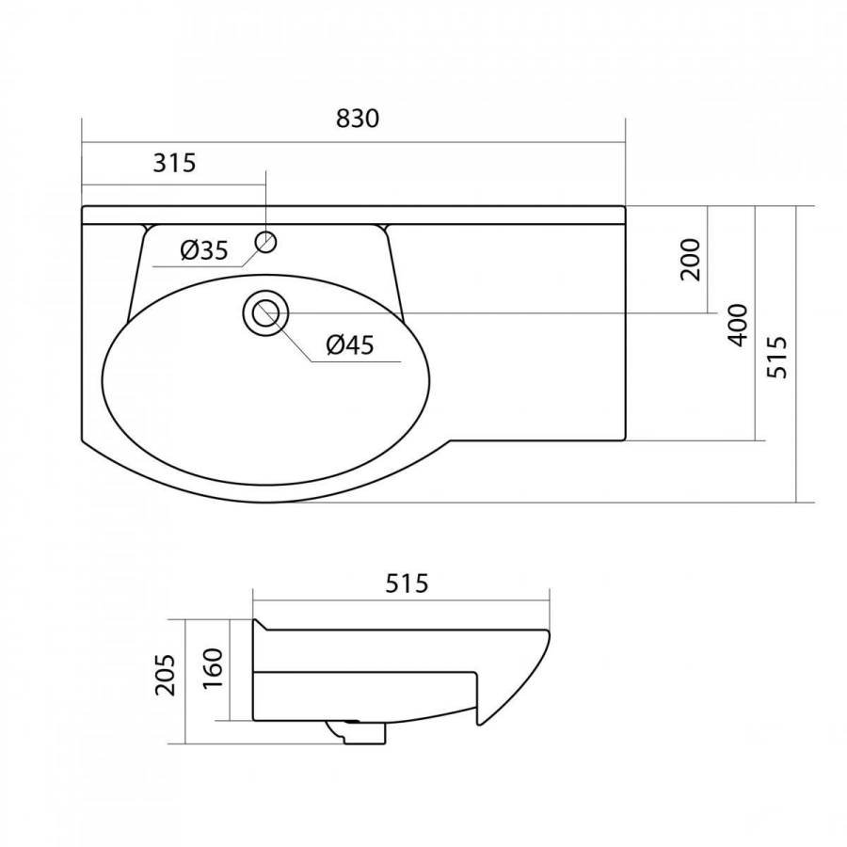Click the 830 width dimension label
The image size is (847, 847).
[358, 119]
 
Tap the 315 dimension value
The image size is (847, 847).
[174, 163]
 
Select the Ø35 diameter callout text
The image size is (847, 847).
[205, 250]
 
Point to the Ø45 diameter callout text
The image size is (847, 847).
[350, 344]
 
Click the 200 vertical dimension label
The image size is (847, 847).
[691, 260]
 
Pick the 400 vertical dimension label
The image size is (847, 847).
[738, 326]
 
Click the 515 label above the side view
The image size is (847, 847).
[407, 583]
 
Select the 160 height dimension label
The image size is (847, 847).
[213, 667]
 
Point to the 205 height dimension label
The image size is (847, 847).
[166, 675]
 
